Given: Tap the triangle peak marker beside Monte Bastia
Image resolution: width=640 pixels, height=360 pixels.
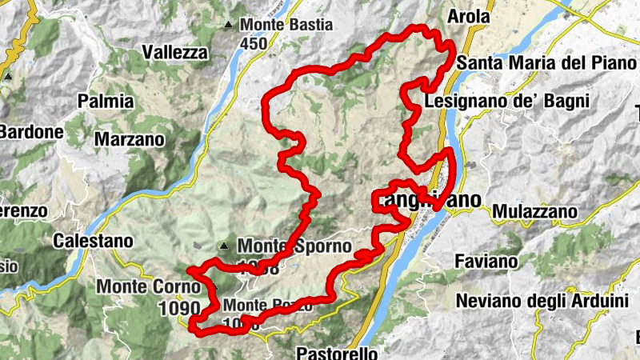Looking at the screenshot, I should click(x=230, y=25).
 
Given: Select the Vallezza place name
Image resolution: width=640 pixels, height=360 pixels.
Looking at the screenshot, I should click(x=174, y=53).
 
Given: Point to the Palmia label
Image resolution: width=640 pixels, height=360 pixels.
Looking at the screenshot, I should click(x=106, y=102).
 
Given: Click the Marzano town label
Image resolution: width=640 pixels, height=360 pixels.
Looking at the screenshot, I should click(x=129, y=139).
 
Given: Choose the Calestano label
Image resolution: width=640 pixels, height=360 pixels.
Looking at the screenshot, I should click(x=92, y=240).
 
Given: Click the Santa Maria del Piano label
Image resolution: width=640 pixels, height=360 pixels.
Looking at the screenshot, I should click(x=534, y=63).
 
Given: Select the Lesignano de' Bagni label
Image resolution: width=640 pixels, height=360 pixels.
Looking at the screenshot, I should click(x=507, y=102).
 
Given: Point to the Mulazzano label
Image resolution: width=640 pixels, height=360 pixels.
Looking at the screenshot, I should click(x=534, y=211).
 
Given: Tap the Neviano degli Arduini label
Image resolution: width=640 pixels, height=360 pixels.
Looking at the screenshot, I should click(x=542, y=301).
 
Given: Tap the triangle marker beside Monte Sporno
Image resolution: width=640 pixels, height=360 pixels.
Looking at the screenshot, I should click(x=225, y=246).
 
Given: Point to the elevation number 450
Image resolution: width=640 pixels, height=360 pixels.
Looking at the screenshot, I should click(x=253, y=44).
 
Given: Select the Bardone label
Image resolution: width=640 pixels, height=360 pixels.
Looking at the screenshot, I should click(x=30, y=131).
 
